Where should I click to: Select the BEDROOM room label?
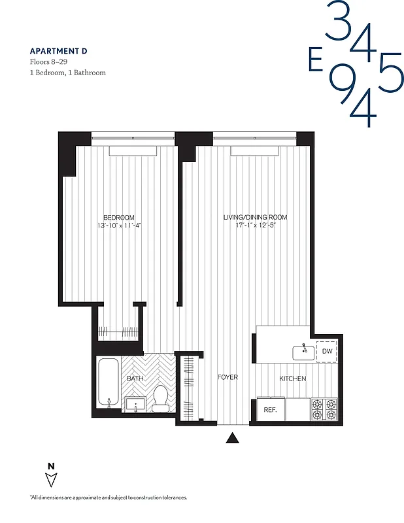(118, 218)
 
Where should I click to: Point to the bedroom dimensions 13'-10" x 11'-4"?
(118, 226)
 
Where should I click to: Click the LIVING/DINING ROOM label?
(255, 218)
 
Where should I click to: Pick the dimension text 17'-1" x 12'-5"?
(255, 226)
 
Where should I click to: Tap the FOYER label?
(227, 378)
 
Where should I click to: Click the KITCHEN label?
(292, 379)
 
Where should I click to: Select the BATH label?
(135, 379)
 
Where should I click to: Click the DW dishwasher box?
(327, 351)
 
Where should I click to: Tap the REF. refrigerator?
(269, 410)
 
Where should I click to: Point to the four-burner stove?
(324, 409)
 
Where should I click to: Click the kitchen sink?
(303, 352)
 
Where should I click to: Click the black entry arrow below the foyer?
(232, 439)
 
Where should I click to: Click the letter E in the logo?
(316, 61)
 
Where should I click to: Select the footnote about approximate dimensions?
(108, 498)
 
